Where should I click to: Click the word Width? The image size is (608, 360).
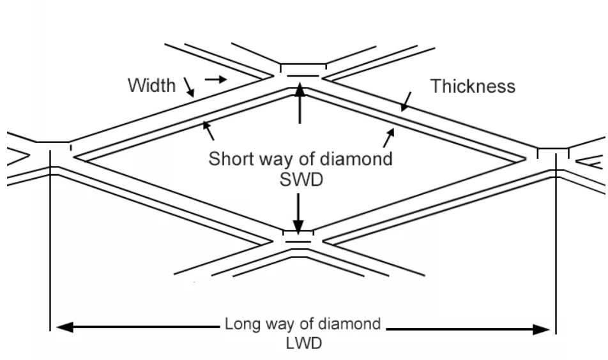151,85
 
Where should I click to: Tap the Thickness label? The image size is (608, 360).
473,87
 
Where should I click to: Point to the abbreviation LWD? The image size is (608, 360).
303,342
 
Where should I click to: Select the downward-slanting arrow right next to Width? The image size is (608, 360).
188,87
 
